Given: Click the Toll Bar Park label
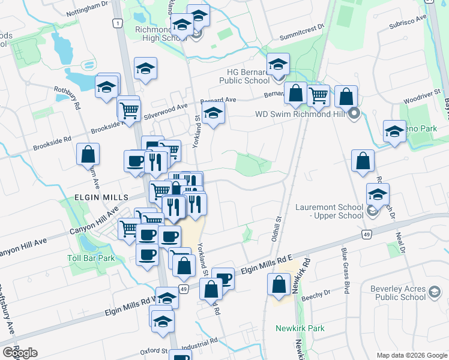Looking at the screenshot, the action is [91, 258].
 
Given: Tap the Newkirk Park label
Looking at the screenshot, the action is [300, 328].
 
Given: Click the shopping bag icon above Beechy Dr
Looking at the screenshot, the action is [279, 284].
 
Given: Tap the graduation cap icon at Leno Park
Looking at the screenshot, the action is [394, 131].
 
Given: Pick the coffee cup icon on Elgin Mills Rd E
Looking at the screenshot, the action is [223, 277].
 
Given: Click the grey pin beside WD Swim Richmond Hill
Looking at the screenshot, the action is [354, 113].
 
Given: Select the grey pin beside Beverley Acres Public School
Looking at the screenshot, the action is [433, 293].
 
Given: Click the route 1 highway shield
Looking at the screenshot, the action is [116, 23].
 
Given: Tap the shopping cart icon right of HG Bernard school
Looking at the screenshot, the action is [318, 95].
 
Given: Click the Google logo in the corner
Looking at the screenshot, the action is [20, 353].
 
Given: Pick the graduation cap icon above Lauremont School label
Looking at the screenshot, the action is [378, 193].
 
